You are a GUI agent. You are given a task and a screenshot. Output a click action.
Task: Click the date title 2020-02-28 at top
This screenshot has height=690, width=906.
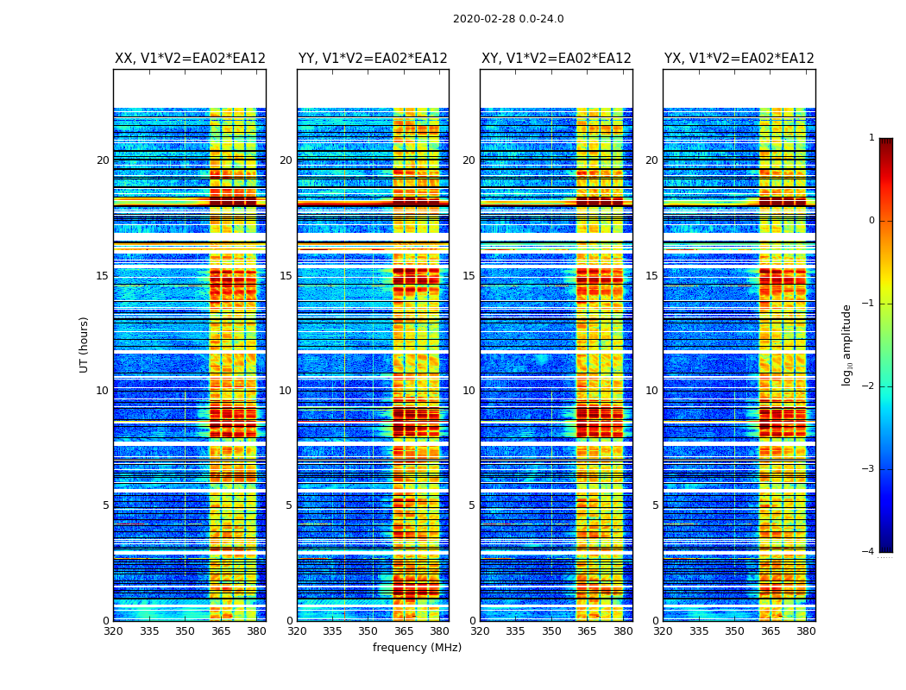point(507,19)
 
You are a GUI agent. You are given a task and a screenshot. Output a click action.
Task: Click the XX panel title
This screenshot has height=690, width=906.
point(190,59)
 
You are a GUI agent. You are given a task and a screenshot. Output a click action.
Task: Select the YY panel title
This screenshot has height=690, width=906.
point(373,59)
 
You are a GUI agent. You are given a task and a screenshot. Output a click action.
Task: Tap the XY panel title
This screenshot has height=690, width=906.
point(556,59)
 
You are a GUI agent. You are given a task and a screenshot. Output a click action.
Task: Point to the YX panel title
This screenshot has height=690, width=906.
point(739,59)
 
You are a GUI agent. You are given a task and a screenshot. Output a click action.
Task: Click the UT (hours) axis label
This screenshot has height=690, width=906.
point(85,344)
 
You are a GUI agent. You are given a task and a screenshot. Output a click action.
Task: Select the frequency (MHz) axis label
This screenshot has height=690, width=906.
point(417,648)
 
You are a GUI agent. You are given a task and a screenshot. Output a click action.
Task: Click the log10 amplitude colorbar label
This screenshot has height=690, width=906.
point(847,344)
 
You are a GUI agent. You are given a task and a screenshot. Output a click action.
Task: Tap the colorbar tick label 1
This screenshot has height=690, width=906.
point(871,138)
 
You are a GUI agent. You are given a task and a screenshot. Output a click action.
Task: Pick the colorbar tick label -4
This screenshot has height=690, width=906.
point(869,552)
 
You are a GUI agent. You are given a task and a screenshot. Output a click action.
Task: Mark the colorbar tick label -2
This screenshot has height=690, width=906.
point(869,386)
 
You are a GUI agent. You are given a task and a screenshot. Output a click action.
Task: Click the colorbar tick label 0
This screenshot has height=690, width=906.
point(871,221)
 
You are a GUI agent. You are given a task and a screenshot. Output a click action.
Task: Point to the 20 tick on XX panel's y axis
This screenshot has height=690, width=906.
point(103,160)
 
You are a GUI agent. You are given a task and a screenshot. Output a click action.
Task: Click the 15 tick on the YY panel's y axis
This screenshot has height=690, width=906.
point(286,276)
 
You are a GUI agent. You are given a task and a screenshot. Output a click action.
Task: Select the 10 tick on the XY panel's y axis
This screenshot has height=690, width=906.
point(469,391)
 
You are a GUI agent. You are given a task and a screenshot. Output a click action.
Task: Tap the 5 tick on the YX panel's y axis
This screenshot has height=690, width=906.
point(655,505)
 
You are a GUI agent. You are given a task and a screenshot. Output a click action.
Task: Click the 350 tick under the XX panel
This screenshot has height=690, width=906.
point(185,630)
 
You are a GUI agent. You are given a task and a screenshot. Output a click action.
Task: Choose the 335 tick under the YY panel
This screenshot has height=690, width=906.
point(332,630)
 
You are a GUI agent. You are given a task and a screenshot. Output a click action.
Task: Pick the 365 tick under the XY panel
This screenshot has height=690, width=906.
point(587,630)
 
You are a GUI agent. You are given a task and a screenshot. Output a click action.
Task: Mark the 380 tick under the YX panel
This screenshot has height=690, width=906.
point(806,630)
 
